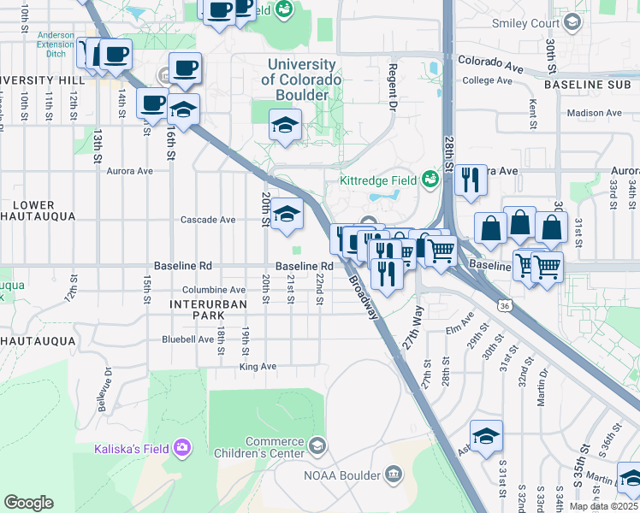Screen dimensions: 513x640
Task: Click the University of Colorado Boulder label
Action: tap(301, 80)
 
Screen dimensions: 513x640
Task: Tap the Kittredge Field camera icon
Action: tap(430, 180)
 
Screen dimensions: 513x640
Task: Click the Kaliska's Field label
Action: tap(132, 448)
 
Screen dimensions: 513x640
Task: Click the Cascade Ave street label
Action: tap(208, 220)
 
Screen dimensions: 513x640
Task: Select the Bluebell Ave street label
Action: tap(188, 339)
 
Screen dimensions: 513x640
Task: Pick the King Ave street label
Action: tap(258, 367)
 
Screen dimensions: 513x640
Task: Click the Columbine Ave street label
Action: tap(202, 290)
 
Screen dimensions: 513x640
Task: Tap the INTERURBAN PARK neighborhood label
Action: tap(208, 310)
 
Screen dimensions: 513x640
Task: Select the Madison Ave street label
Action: tap(594, 113)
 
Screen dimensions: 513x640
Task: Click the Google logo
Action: tap(28, 503)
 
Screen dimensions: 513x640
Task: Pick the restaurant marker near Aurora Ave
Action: tap(470, 180)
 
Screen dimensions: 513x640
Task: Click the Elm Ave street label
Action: tap(459, 327)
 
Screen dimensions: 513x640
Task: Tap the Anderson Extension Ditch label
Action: tap(56, 43)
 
